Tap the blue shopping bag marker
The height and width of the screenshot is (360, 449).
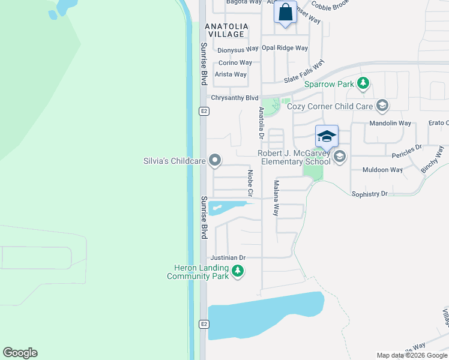click(x=286, y=12)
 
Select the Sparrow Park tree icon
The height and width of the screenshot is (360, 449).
click(x=363, y=85)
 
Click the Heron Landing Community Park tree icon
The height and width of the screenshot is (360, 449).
click(x=238, y=272)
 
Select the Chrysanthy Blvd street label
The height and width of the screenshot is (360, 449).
click(x=234, y=98)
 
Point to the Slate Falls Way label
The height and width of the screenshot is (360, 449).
click(x=304, y=71)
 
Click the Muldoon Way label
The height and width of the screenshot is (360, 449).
click(x=383, y=170)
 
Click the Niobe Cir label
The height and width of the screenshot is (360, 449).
click(x=250, y=184)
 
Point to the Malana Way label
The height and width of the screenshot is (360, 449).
click(x=276, y=198)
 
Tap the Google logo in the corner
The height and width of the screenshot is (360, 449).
click(x=20, y=353)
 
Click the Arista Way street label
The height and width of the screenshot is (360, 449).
click(x=231, y=74)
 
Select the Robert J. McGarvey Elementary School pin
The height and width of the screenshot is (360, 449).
click(x=340, y=157)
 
